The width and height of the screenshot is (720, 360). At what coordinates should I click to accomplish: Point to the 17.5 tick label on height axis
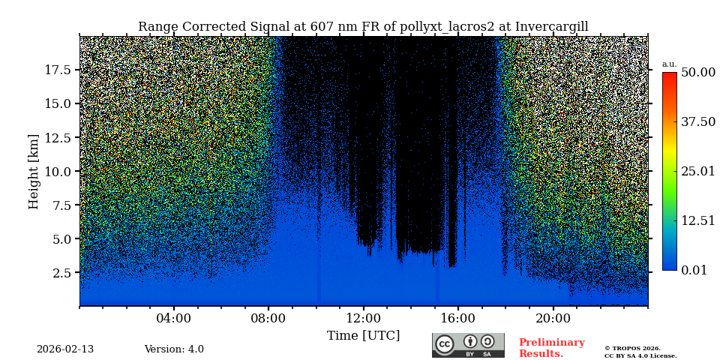(x=57, y=70)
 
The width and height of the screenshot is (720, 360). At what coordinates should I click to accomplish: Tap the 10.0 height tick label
(x=57, y=171)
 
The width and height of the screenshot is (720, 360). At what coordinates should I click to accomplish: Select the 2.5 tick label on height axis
(x=61, y=273)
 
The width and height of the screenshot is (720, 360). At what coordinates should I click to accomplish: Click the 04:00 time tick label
(x=173, y=318)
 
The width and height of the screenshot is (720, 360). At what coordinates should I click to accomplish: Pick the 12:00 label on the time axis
(x=363, y=318)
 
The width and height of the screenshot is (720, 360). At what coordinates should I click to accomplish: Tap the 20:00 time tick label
(x=553, y=318)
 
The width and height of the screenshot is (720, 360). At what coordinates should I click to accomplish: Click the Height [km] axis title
(x=34, y=171)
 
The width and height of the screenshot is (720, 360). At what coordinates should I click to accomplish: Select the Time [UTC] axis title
(x=363, y=335)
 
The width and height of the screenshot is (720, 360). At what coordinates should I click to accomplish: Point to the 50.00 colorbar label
(x=697, y=72)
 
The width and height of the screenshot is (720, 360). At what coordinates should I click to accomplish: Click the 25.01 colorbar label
(x=697, y=171)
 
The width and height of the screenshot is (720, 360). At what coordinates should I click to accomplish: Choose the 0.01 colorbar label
(x=694, y=270)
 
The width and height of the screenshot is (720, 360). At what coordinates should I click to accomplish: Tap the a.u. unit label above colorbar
(x=669, y=64)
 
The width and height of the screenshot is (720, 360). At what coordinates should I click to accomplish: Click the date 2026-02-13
(x=65, y=349)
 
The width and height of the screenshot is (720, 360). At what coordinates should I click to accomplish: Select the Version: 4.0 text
(x=174, y=349)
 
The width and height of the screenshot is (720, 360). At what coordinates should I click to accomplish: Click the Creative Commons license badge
(x=468, y=345)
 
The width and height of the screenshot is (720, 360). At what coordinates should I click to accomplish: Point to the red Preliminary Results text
(x=551, y=348)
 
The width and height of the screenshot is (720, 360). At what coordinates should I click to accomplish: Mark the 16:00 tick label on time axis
(x=457, y=318)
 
